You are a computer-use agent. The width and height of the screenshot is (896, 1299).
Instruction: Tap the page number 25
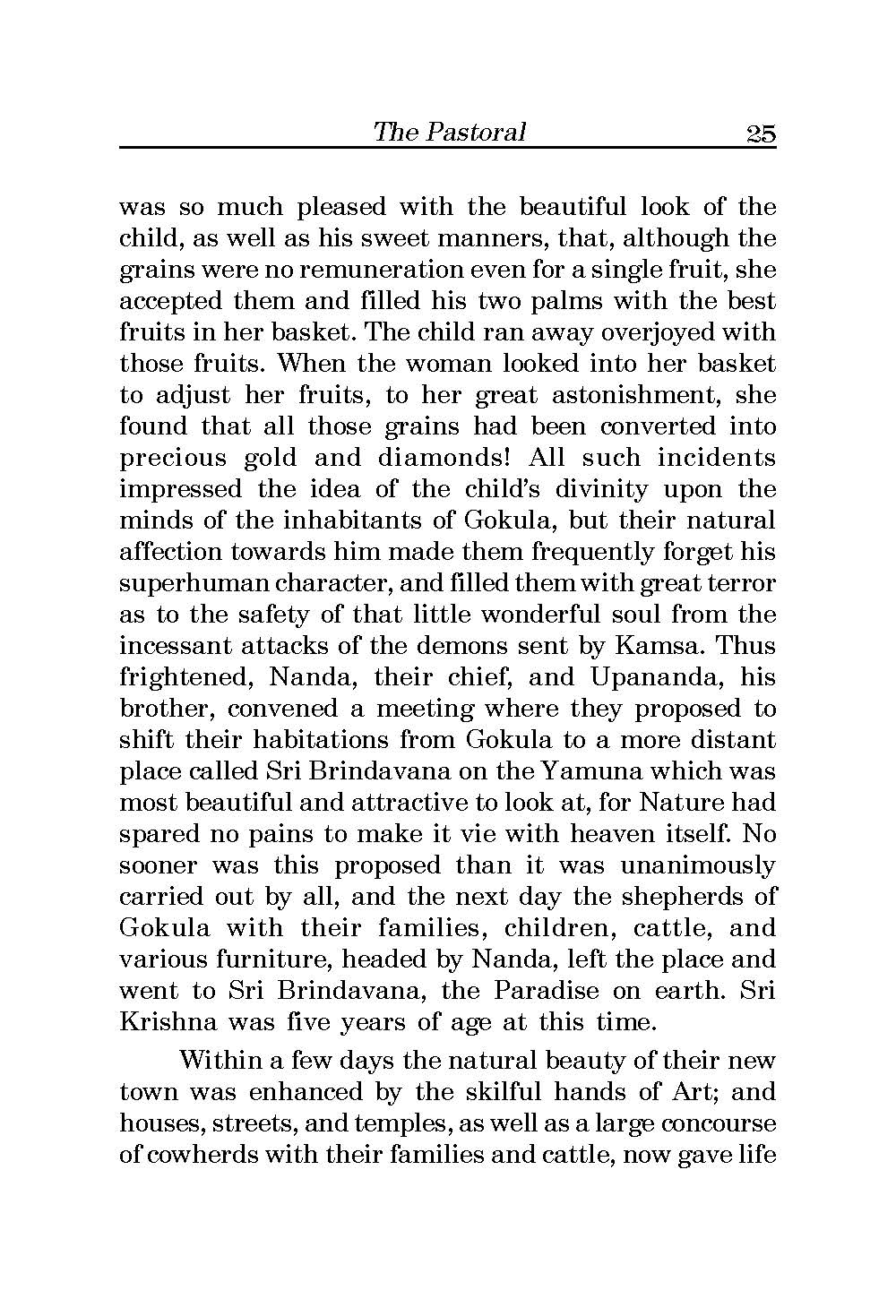760,133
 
